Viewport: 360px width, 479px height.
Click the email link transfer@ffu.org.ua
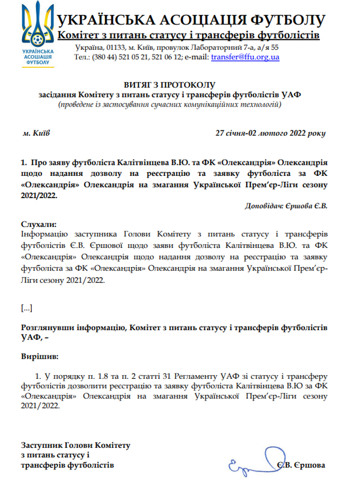pos(245,57)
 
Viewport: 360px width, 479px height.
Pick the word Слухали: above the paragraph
pos(38,224)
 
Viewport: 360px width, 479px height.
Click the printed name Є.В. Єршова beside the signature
pos(300,465)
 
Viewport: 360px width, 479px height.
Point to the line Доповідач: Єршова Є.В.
pos(286,206)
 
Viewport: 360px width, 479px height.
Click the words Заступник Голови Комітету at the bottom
pos(75,445)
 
